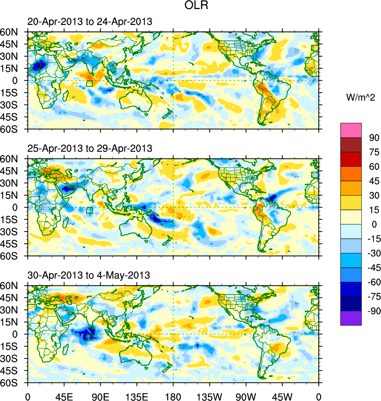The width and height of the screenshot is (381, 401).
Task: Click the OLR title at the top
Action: point(194,6)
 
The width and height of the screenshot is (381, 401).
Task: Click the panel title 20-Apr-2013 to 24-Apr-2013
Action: point(90,22)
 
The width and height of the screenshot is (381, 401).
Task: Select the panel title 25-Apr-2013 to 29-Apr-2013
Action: point(90,148)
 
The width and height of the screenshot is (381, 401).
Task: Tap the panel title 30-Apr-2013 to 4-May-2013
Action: point(89,275)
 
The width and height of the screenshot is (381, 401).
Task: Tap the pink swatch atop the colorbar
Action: point(351,130)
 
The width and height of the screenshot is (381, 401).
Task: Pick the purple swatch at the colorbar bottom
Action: point(351,318)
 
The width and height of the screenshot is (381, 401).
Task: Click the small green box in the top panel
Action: point(89,83)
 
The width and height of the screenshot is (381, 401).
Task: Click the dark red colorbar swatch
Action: point(351,144)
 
